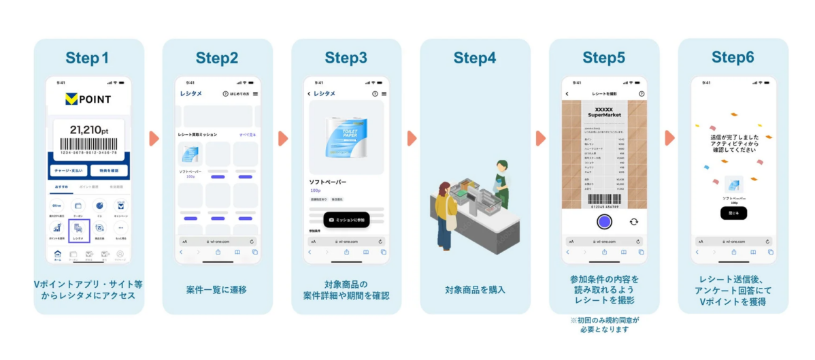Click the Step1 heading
(x=88, y=58)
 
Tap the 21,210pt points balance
(x=88, y=129)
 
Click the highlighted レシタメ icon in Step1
(x=79, y=231)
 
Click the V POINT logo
(x=88, y=99)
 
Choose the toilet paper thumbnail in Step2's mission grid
(x=190, y=154)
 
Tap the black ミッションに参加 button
(x=346, y=220)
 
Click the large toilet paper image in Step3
(x=346, y=138)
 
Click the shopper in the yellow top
(x=444, y=211)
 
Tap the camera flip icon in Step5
(x=634, y=221)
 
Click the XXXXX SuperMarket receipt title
(x=604, y=112)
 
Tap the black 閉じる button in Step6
(x=733, y=213)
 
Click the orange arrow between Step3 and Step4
(x=412, y=138)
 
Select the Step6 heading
(x=733, y=58)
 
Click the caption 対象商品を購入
(x=475, y=289)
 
